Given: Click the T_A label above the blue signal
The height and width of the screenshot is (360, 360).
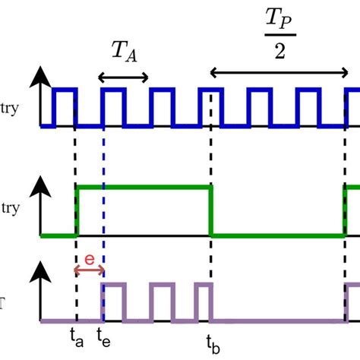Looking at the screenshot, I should click(123, 54).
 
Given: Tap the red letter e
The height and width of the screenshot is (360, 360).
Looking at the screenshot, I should click(89, 259).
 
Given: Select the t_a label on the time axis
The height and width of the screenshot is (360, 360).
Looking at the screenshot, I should click(76, 333).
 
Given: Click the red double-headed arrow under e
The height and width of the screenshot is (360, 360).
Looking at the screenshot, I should click(89, 270).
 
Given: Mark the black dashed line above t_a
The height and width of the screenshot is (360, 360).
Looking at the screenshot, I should click(76, 152).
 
